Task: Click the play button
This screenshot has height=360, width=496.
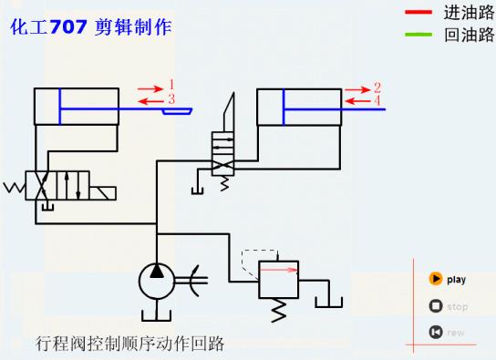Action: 437,280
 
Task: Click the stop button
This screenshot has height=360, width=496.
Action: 437,306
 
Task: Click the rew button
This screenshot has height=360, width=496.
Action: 437,332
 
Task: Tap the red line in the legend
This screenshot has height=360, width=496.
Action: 418,13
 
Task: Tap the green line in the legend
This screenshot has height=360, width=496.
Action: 418,36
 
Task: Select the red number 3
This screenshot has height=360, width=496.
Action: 170,98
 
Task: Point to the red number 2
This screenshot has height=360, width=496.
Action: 377,87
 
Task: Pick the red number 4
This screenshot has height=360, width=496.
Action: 377,100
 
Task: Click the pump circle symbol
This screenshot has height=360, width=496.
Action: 157,278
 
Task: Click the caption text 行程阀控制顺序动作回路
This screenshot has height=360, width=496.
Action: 129,344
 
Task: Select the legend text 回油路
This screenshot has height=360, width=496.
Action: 469,36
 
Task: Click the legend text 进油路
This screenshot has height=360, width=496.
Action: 469,13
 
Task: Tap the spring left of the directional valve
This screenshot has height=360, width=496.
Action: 15,189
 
